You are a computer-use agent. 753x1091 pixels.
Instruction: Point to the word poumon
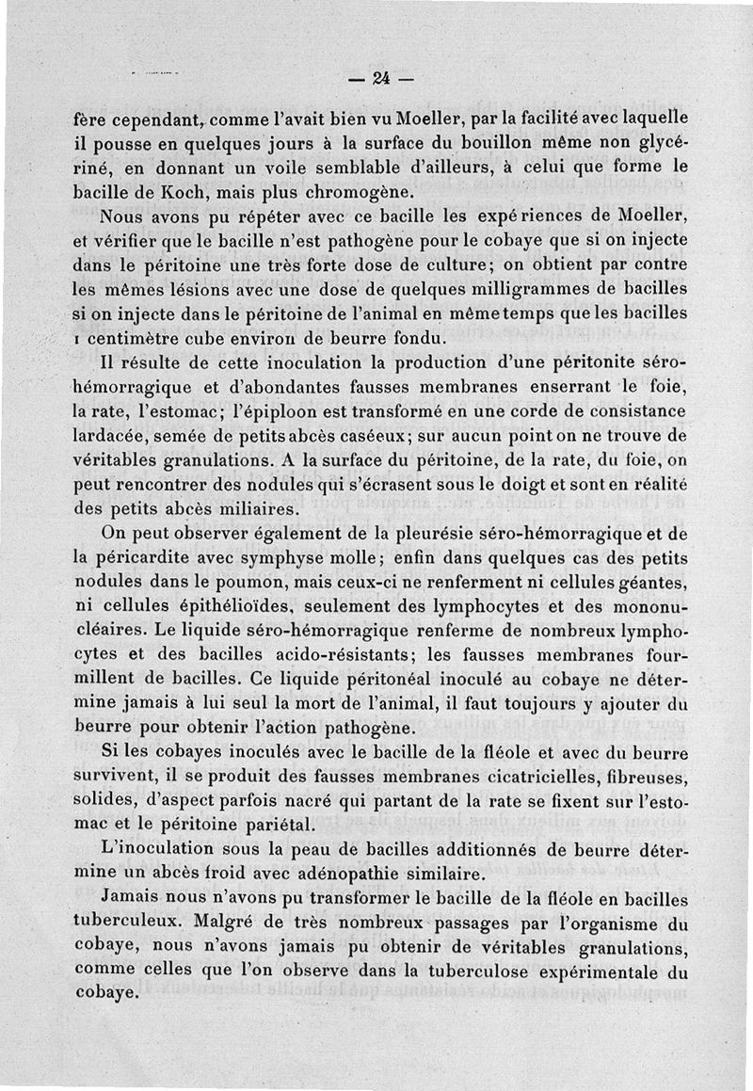point(276,583)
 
